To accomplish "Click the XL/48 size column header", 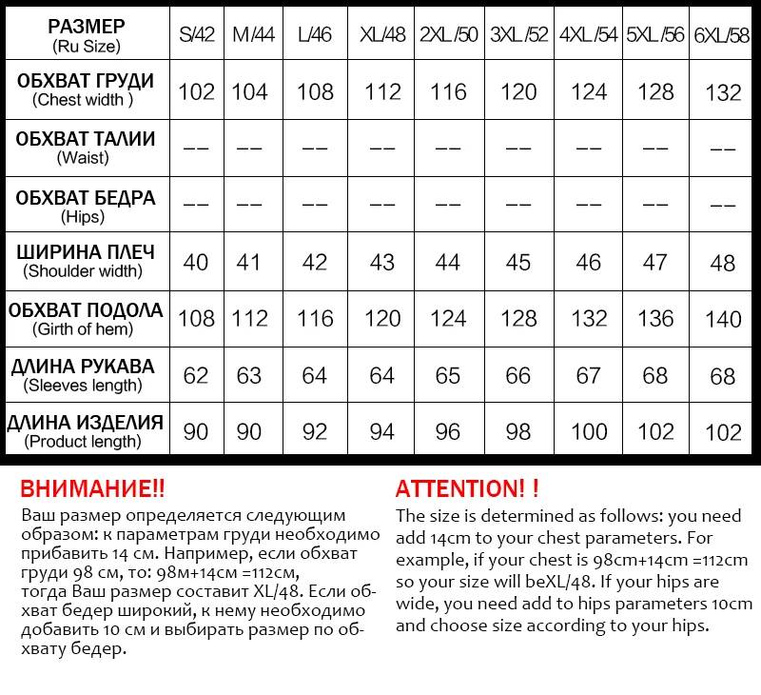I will click(382, 34).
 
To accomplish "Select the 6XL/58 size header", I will click(723, 35).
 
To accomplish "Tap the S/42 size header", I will click(197, 34).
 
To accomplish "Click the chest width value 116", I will click(447, 91).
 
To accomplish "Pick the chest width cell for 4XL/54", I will click(589, 91).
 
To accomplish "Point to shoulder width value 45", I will click(518, 261).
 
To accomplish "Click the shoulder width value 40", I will click(196, 261).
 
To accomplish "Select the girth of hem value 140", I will click(723, 318).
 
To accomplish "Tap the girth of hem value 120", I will click(382, 318).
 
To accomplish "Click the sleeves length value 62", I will click(196, 375).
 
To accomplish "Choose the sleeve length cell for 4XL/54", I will click(589, 375).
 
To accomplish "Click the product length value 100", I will click(589, 431).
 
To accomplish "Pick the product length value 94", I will click(382, 431).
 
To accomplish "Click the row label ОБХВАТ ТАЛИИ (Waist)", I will click(86, 148).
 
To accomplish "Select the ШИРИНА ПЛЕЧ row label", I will click(86, 261).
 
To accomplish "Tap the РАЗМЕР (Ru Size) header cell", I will click(86, 34).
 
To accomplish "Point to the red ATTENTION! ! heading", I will click(467, 489).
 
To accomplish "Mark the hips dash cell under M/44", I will click(249, 204).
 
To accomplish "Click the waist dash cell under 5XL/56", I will click(655, 149).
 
